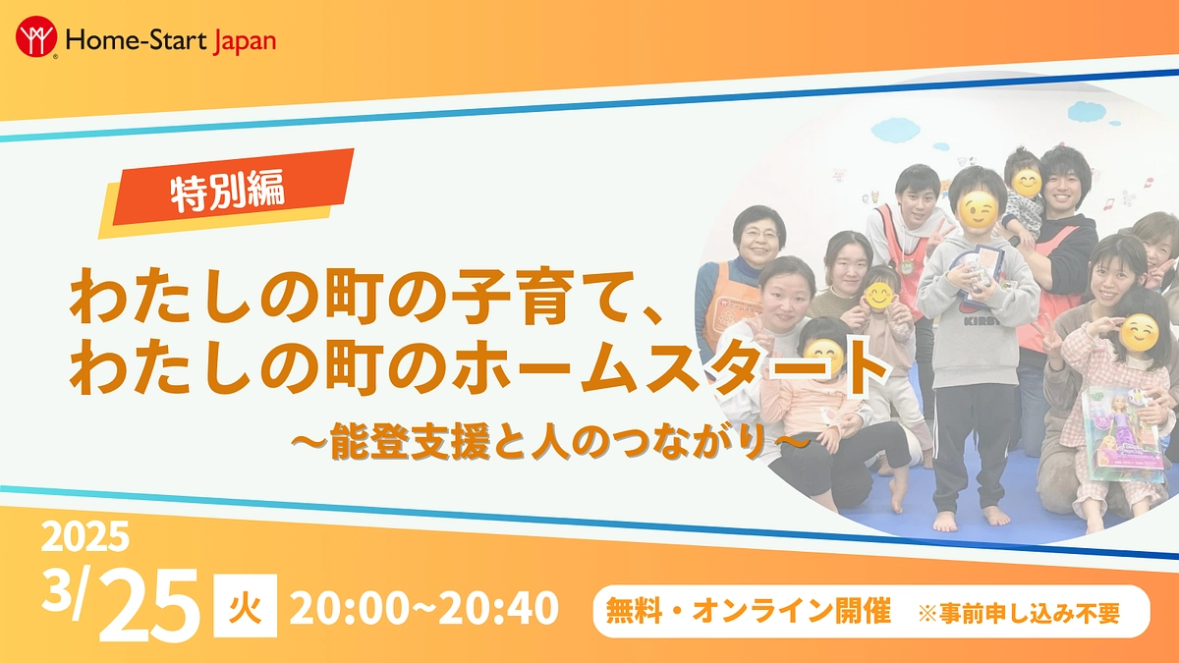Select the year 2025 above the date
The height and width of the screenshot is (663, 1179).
tap(84, 537)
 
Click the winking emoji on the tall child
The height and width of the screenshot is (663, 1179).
tap(979, 208)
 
